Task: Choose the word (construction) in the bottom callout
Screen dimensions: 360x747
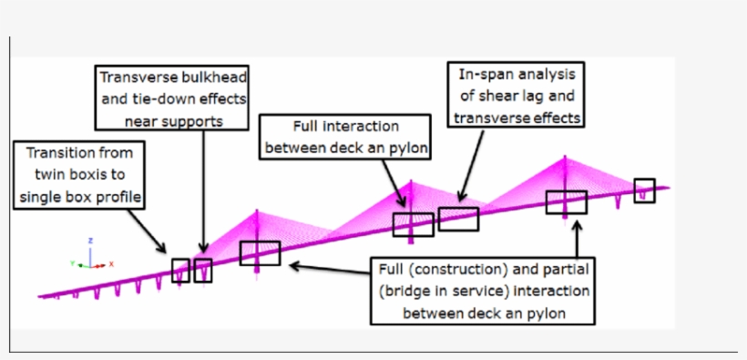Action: click(x=466, y=270)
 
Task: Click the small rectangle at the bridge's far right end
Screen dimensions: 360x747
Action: click(x=644, y=190)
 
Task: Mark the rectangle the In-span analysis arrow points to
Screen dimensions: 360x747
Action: click(x=458, y=219)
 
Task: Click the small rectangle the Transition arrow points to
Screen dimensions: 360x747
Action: click(x=180, y=270)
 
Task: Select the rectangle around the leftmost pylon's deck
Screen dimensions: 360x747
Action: click(x=260, y=252)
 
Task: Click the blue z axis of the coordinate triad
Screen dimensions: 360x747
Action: click(x=90, y=251)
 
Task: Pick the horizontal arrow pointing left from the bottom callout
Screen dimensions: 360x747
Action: click(x=328, y=267)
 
